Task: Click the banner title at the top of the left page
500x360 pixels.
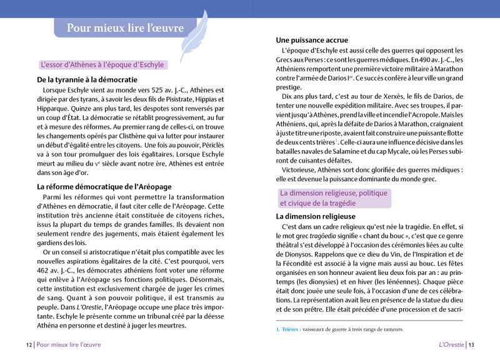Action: [x=125, y=28]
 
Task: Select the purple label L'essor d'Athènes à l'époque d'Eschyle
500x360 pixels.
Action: [x=102, y=64]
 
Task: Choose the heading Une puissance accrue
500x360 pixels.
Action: [x=312, y=40]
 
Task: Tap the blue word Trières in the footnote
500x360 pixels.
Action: [x=289, y=329]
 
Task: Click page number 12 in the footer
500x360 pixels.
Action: [x=29, y=344]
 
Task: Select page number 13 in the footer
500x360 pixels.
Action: [x=471, y=344]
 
